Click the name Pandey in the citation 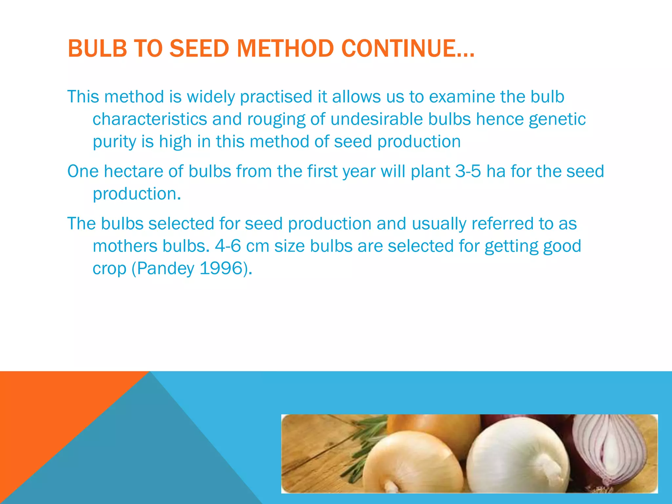[166, 268]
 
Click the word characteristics [150, 119]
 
